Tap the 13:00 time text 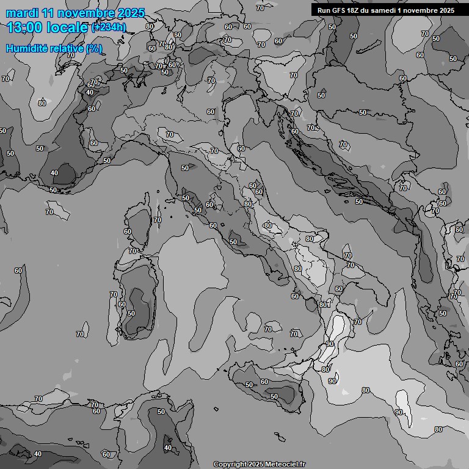pos(25,27)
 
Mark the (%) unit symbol pos(94,48)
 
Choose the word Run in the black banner pos(324,10)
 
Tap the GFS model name pos(340,10)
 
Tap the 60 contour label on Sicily pos(264,382)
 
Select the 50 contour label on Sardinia pos(131,313)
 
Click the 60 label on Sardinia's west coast pos(122,304)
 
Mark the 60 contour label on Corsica pos(128,231)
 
